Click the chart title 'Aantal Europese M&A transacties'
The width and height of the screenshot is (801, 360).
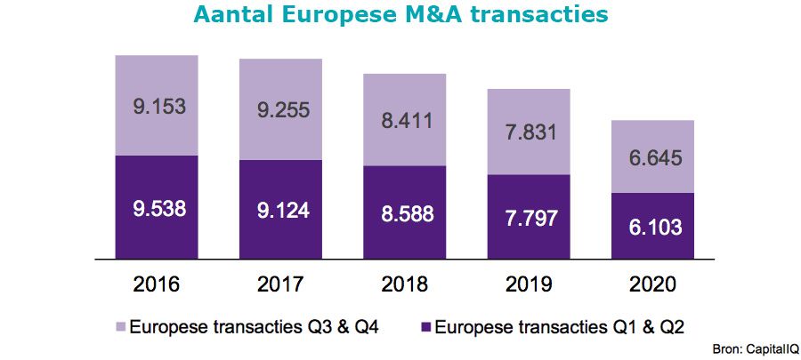click(400, 16)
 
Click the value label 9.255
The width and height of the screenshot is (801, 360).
click(280, 109)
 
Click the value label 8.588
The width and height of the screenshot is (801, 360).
click(404, 217)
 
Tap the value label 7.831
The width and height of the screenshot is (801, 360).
click(529, 132)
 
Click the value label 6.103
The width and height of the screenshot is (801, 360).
click(652, 227)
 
